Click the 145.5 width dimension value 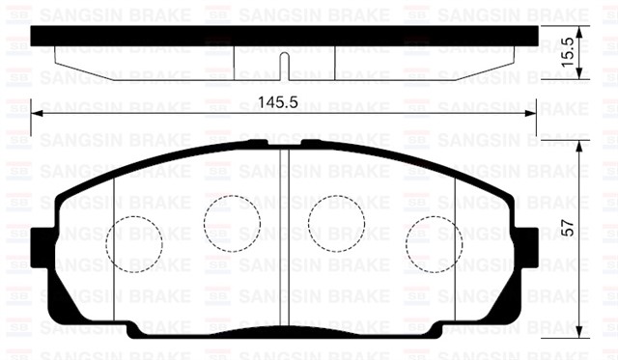pos(282,100)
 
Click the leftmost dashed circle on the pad pos(132,242)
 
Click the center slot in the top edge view pos(282,66)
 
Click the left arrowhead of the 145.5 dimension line pos(37,113)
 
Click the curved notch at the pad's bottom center pos(282,330)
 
